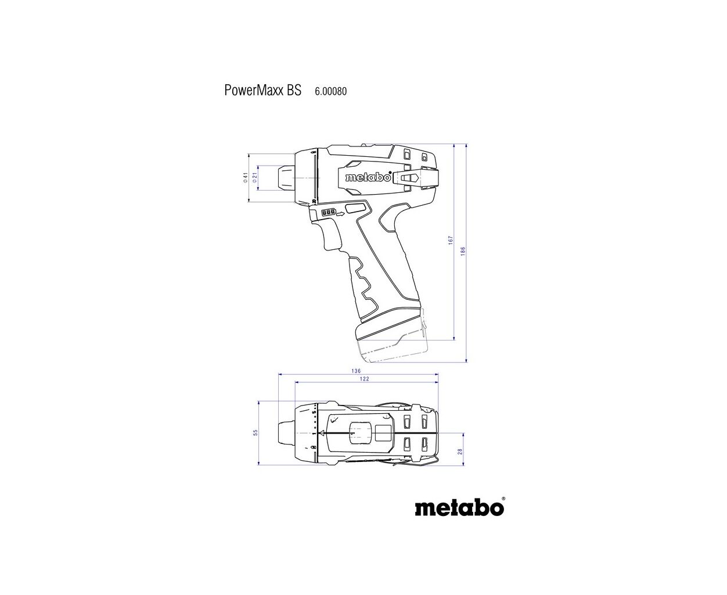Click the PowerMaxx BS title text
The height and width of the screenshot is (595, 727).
coord(262,90)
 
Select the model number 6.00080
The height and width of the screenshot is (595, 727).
coord(330,91)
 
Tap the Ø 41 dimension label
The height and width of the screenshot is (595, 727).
coord(246,177)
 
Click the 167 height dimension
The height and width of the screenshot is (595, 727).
coord(451,241)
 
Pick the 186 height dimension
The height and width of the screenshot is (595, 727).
coord(463,251)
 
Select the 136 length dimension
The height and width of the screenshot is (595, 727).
coord(356,371)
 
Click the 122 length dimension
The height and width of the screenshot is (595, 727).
coord(364,379)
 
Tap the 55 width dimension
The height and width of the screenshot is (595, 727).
coord(255,432)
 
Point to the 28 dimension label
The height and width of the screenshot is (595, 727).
coord(460,451)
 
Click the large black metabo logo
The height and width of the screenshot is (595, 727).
coord(459,508)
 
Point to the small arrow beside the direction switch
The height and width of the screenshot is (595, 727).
coord(340,214)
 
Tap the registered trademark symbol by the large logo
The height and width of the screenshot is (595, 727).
coord(504,498)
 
